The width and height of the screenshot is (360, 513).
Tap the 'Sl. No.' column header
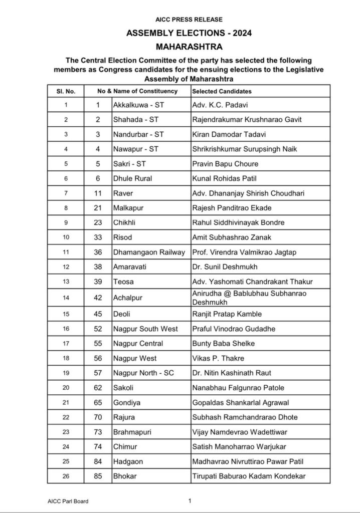click(x=66, y=92)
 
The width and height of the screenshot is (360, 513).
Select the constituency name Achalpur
click(x=128, y=298)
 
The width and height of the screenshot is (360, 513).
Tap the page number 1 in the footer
click(x=190, y=500)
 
